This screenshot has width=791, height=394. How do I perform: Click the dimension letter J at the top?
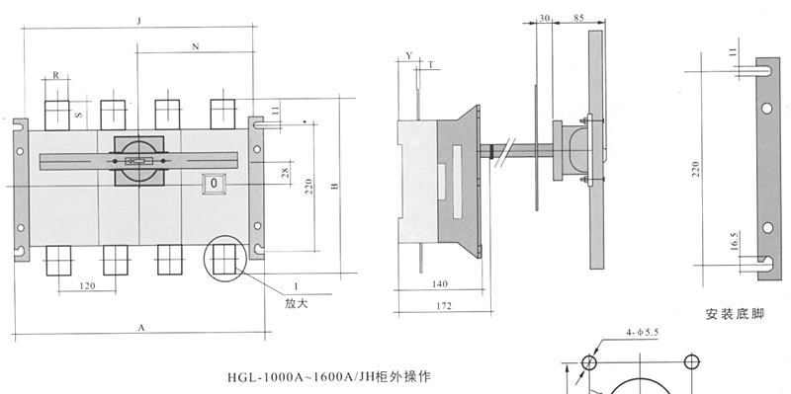[x=138, y=21]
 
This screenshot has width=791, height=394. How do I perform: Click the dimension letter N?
[x=196, y=46]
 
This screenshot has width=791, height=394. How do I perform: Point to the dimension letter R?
[x=56, y=76]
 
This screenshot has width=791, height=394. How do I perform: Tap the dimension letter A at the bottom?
[x=141, y=328]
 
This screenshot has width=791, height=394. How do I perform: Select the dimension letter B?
[x=335, y=186]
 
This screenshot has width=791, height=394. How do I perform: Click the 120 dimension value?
[x=88, y=286]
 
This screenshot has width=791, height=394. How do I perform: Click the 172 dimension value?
[x=443, y=306]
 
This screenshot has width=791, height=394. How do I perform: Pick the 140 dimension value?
[x=440, y=284]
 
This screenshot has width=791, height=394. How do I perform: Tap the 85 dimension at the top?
[x=578, y=18]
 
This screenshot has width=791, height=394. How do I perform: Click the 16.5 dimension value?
[x=735, y=241]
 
